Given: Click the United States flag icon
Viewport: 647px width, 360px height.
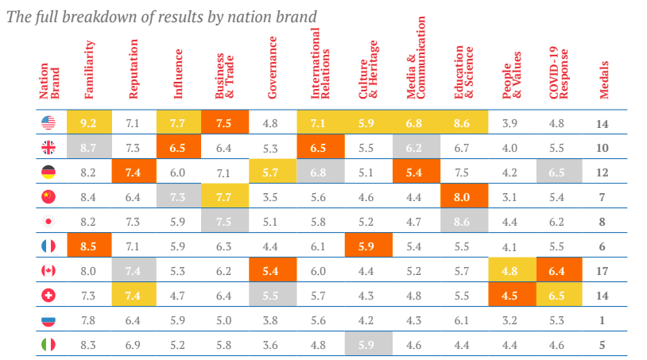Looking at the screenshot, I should coord(48,122).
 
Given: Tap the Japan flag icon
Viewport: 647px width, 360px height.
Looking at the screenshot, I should coord(48,222).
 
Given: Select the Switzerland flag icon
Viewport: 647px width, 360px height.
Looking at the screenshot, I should coord(48,296).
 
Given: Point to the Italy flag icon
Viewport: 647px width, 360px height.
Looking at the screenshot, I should coord(48,346).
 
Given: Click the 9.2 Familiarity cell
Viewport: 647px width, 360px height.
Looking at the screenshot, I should coord(89,122).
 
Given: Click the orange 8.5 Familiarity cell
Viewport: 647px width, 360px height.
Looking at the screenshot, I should coord(89,246).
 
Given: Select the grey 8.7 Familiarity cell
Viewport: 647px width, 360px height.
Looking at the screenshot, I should coord(89,148).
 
